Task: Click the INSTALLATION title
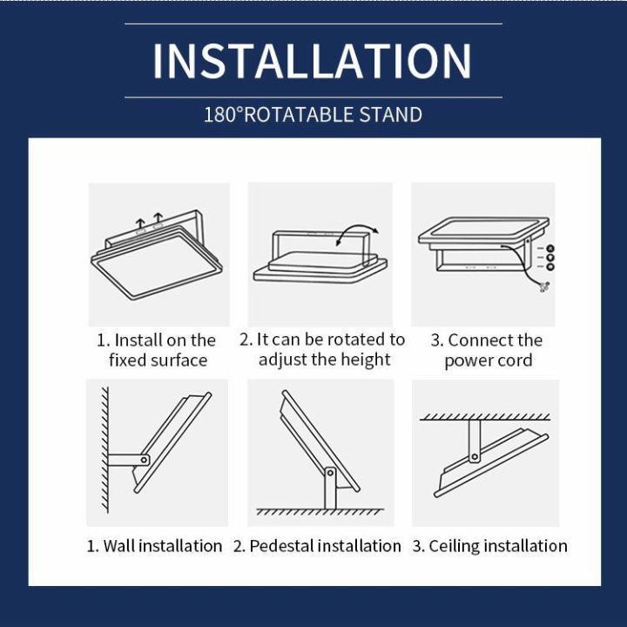[313, 61]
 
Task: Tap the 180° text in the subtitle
[223, 114]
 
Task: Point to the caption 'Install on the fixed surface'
[157, 350]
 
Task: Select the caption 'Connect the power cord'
[487, 350]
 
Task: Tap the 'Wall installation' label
[154, 546]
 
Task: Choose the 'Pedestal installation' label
[317, 546]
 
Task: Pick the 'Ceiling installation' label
[489, 546]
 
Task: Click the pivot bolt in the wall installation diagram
[144, 460]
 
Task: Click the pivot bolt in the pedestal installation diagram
[330, 474]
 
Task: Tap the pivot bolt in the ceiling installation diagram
[475, 456]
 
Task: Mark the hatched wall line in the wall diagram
[105, 450]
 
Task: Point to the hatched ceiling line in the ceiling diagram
[485, 417]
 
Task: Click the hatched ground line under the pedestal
[320, 512]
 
